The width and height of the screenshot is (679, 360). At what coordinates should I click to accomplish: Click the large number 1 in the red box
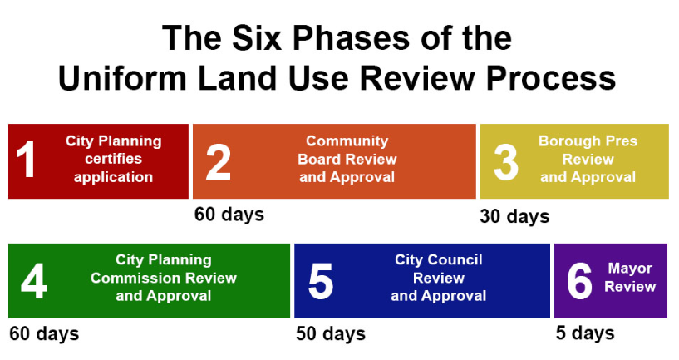(x=26, y=159)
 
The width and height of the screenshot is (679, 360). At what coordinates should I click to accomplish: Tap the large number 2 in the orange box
(x=219, y=161)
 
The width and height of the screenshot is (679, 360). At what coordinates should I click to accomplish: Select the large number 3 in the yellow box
(x=506, y=162)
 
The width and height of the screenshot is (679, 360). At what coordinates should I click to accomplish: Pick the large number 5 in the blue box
(x=321, y=281)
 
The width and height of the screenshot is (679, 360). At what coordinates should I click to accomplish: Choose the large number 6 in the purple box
(x=579, y=281)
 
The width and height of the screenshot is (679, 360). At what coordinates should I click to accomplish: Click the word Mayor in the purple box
(x=630, y=269)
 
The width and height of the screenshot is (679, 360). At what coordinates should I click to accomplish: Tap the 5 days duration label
(x=585, y=333)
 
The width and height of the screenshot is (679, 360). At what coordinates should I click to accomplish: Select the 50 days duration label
(x=331, y=333)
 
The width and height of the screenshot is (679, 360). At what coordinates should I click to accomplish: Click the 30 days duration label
(x=514, y=216)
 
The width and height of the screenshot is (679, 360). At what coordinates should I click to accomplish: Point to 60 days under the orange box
(x=229, y=214)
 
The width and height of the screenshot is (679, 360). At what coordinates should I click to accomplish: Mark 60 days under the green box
(x=44, y=333)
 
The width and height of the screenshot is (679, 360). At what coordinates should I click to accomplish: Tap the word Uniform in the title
(x=122, y=78)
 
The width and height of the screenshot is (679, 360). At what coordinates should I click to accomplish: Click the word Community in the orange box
(x=347, y=141)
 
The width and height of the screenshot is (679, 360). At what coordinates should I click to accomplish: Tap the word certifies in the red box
(x=114, y=159)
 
